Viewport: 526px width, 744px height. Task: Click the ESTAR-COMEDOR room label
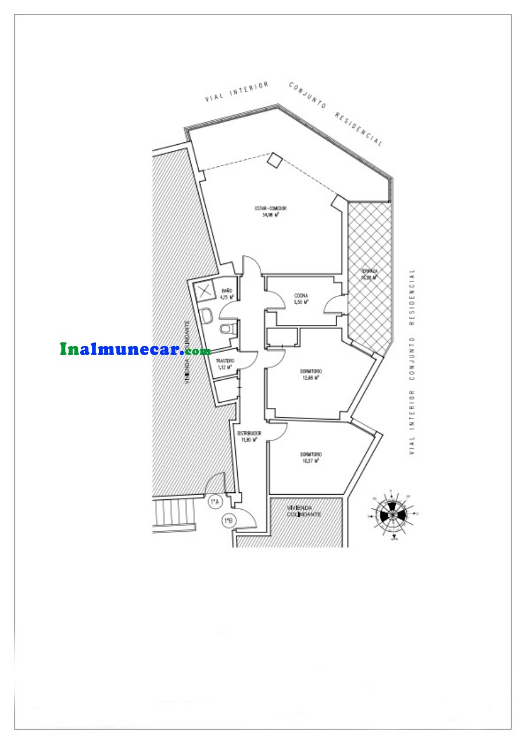[271, 209]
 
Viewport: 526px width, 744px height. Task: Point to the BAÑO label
[227, 291]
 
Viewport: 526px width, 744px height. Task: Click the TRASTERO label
[226, 361]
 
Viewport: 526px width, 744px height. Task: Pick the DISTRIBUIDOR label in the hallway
[249, 434]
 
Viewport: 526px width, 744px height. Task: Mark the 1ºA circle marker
[214, 501]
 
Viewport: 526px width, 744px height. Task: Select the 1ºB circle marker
[228, 521]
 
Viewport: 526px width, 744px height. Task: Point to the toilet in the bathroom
[226, 330]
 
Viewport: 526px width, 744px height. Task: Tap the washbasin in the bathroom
[207, 317]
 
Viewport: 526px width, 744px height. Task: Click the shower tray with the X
[205, 292]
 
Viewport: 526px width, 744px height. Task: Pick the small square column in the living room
[274, 160]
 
